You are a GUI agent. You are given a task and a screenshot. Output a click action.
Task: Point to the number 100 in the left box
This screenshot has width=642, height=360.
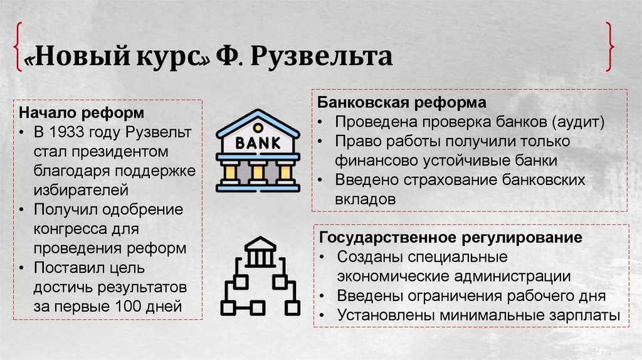pyautogui.click(x=132, y=307)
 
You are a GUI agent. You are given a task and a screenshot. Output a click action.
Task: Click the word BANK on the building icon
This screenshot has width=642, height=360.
pyautogui.click(x=257, y=142)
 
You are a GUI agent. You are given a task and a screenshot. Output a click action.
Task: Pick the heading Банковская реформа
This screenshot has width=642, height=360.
pyautogui.click(x=402, y=102)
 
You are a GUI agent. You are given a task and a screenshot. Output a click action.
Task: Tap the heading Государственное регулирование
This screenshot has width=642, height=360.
pyautogui.click(x=451, y=238)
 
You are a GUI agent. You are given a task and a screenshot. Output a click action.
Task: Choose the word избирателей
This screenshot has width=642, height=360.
pyautogui.click(x=82, y=189)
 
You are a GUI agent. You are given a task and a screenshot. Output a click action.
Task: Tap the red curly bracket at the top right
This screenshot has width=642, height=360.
pyautogui.click(x=609, y=47)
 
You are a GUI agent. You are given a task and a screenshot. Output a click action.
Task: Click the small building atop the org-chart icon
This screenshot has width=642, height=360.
pyautogui.click(x=260, y=251)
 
